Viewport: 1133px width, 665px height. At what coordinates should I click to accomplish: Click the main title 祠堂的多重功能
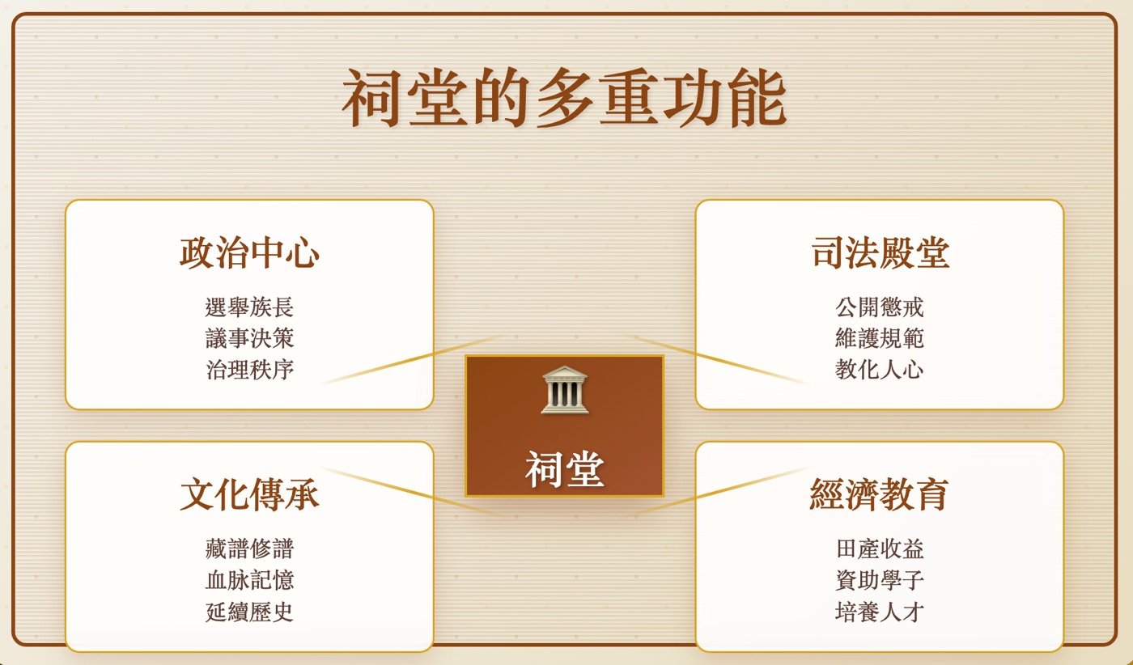coord(564,98)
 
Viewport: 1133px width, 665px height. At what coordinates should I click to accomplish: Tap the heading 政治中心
coord(250,252)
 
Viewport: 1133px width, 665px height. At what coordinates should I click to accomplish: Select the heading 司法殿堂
coord(881,252)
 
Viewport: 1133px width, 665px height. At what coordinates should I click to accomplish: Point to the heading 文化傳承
coord(250,494)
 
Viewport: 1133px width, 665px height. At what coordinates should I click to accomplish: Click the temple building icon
coord(565,390)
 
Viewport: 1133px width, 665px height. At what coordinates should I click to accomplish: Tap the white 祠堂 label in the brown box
coord(565,469)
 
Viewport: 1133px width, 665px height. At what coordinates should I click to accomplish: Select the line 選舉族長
coord(249,307)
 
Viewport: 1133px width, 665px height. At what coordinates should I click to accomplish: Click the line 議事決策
coord(249,338)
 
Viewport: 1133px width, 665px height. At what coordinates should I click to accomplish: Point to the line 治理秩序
coord(249,370)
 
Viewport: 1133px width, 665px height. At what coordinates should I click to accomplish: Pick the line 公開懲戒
coord(880,307)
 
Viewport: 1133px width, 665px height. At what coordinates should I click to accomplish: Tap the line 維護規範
coord(880,338)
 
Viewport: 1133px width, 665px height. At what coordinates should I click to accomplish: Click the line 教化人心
coord(880,370)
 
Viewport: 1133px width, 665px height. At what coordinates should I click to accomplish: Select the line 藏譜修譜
coord(249,549)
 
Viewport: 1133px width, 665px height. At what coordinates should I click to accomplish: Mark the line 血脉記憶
coord(249,580)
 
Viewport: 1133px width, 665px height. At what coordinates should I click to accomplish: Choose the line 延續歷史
coord(249,612)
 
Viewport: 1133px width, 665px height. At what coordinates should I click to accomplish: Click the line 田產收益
coord(880,549)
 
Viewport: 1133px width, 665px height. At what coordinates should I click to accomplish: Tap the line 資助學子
coord(880,580)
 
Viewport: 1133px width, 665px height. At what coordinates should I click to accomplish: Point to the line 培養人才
coord(880,612)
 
